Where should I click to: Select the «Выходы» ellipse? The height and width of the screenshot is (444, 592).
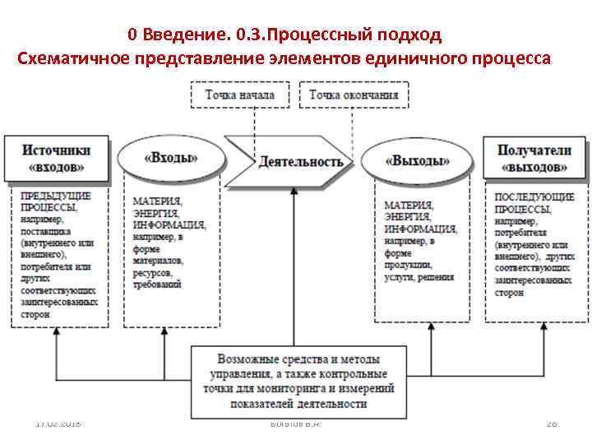(x=418, y=160)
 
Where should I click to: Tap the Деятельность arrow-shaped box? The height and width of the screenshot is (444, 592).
(x=294, y=160)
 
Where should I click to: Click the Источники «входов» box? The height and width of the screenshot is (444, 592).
(x=57, y=158)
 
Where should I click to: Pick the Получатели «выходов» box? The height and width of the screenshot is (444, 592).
(x=534, y=158)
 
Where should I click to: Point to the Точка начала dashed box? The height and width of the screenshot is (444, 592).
(x=240, y=95)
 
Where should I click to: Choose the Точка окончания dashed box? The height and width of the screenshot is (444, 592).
(x=354, y=95)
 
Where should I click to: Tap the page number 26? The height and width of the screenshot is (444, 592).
(x=552, y=423)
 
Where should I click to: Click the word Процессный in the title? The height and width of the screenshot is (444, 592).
(x=312, y=35)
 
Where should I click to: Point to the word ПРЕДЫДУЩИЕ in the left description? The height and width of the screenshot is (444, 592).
(x=56, y=197)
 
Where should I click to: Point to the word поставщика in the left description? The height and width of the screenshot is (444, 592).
(x=46, y=232)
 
